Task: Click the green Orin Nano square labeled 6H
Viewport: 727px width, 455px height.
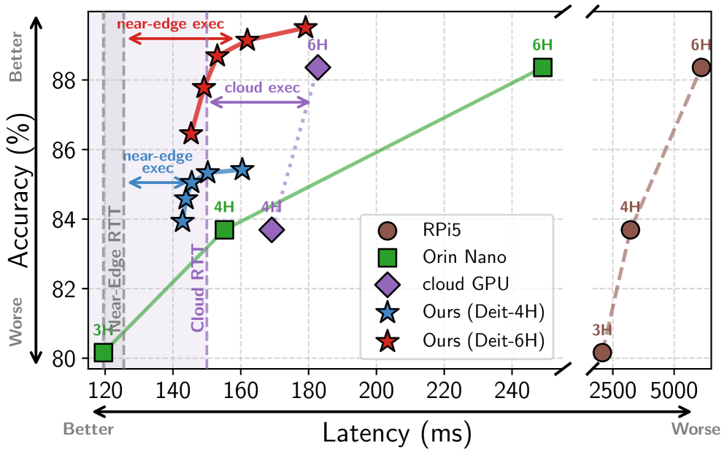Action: [x=542, y=67]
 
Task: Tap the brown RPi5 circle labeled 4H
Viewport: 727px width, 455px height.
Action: [x=630, y=229]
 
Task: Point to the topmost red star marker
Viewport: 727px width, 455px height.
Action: [x=304, y=28]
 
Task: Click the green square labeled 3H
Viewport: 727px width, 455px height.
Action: [x=104, y=352]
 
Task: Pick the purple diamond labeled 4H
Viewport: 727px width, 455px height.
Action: [x=272, y=229]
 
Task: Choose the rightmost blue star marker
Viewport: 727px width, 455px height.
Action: [x=242, y=170]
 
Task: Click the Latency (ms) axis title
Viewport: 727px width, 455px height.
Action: [x=397, y=432]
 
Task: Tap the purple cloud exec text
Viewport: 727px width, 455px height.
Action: [x=262, y=88]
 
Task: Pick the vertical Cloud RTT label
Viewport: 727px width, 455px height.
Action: [x=198, y=288]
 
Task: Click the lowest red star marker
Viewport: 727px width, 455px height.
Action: [x=191, y=134]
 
